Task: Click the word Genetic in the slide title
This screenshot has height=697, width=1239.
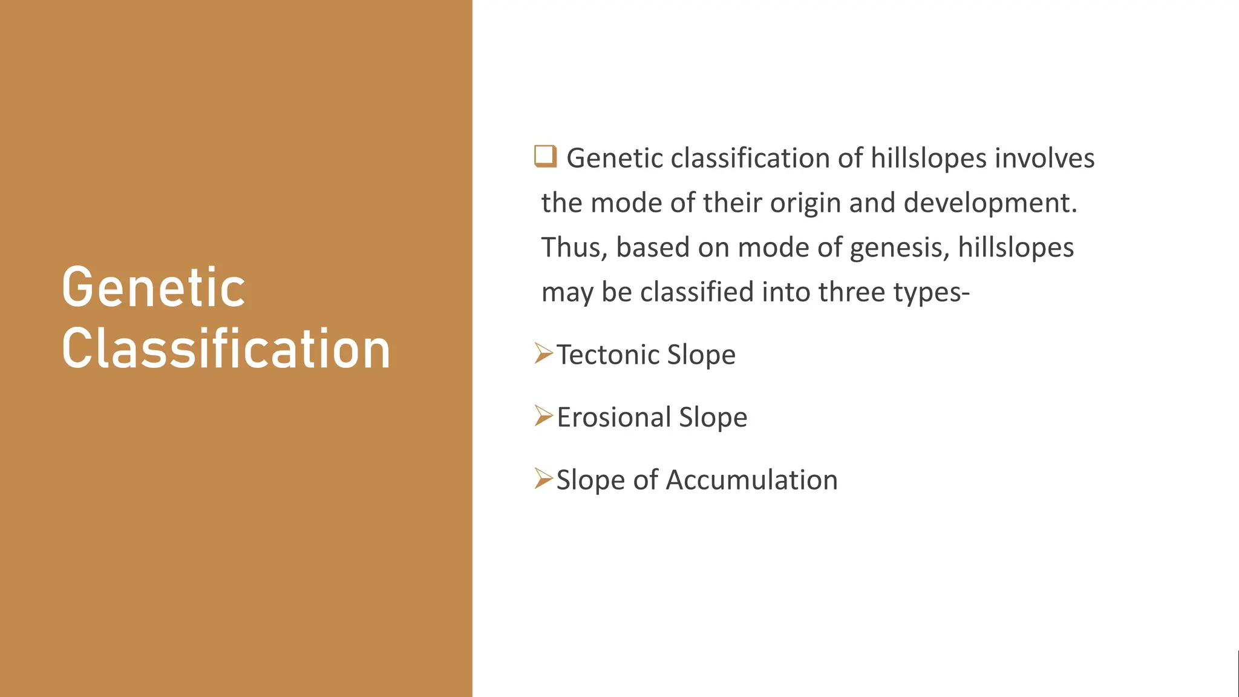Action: click(x=153, y=288)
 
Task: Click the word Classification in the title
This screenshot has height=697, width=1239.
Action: click(x=226, y=349)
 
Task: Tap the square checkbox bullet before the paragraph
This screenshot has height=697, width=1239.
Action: click(x=544, y=156)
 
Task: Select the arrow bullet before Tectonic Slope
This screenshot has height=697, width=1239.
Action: click(x=543, y=353)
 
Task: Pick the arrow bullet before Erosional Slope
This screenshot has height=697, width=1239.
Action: click(x=543, y=416)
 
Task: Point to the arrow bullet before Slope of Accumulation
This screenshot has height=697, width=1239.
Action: click(x=543, y=479)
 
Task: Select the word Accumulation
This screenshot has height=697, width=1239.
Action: click(x=751, y=480)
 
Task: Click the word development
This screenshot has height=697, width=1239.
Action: click(x=990, y=203)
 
